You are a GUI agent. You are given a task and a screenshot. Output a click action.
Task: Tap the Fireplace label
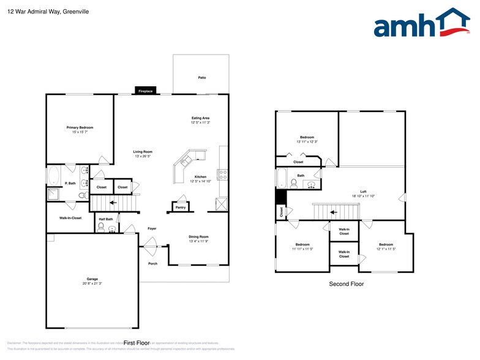145,91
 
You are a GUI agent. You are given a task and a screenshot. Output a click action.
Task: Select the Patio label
201,78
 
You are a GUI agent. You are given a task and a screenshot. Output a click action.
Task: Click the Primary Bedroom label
80,127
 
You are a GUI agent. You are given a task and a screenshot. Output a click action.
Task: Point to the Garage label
92,279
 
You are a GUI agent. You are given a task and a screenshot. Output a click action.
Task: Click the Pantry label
181,208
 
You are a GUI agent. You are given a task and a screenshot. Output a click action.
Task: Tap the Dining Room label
199,236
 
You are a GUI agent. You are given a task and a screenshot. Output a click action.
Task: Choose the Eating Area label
201,118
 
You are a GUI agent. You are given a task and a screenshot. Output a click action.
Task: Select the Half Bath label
105,219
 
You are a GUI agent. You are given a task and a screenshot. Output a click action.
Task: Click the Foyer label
152,228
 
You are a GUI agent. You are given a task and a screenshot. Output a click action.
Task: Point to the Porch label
152,264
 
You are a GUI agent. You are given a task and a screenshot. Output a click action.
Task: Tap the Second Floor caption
347,284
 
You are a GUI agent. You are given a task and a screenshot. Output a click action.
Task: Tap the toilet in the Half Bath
100,228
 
